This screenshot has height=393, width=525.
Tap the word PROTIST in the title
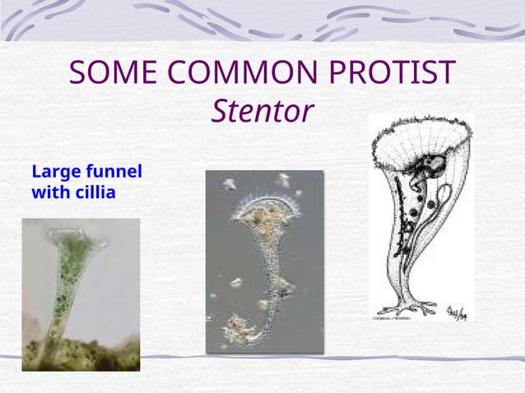[396, 74]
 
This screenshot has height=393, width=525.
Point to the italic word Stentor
[262, 111]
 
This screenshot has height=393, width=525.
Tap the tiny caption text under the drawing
[395, 317]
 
